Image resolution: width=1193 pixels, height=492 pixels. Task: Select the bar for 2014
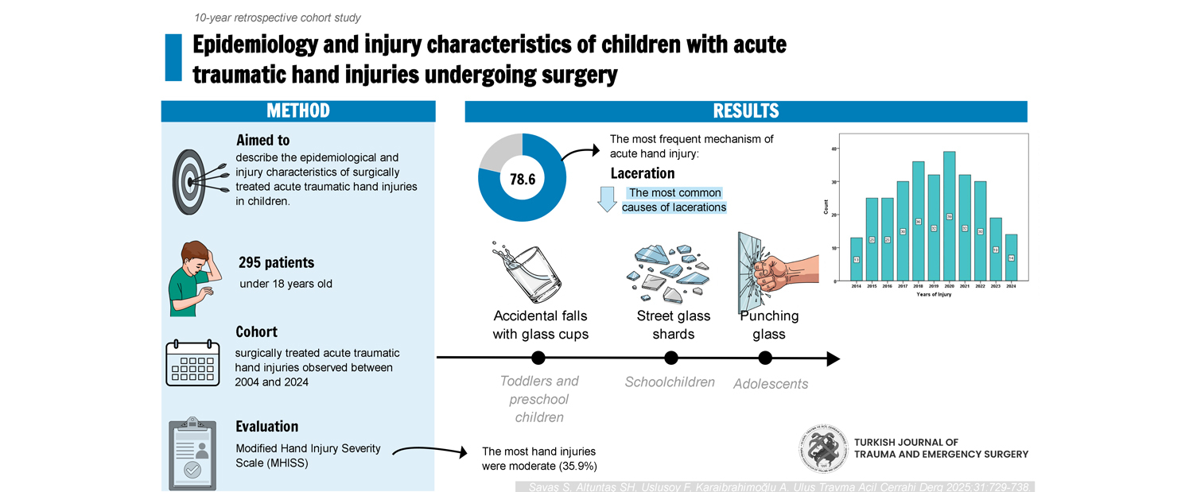tap(856, 259)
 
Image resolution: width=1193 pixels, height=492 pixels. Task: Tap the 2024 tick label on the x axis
tap(1011, 285)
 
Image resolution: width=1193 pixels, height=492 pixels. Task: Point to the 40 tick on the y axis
tap(834, 149)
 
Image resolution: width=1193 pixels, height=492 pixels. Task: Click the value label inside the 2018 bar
tap(918, 222)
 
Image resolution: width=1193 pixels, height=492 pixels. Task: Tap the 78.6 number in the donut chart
tap(522, 180)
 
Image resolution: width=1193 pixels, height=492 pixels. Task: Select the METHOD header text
tap(298, 111)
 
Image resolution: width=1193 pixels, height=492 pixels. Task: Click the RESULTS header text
tap(745, 111)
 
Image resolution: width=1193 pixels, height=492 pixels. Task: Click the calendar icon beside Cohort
tap(192, 362)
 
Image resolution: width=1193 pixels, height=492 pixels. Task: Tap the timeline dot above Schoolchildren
tap(671, 358)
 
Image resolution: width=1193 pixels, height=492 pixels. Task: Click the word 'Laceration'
tap(643, 173)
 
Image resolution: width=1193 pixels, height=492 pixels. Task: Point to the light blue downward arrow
tap(608, 199)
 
